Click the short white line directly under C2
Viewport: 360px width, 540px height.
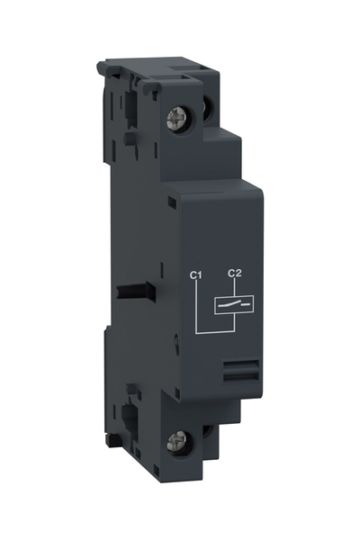pyautogui.click(x=235, y=286)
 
